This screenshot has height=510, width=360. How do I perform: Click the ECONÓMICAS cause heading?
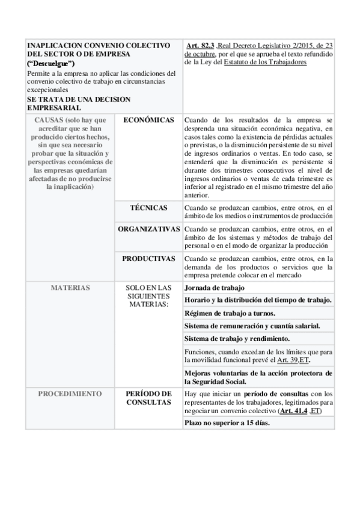[x=148, y=120]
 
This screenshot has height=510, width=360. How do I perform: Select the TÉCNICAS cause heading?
[x=148, y=207]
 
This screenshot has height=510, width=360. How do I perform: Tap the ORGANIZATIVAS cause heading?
[x=148, y=230]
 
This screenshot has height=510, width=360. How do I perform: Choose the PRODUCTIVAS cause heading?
[x=148, y=259]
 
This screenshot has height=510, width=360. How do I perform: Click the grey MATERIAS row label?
[x=70, y=287]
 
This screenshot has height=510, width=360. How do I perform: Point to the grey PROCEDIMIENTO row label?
[x=70, y=393]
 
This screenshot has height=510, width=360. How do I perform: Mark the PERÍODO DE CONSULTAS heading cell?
[x=148, y=398]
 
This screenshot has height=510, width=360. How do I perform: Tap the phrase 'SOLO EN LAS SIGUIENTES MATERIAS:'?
[x=148, y=296]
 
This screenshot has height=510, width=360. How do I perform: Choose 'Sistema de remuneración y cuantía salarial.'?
[x=251, y=325]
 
